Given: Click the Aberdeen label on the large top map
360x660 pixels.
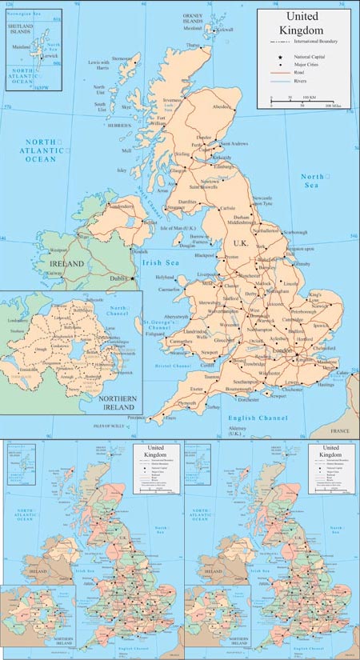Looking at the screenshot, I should (x=221, y=106).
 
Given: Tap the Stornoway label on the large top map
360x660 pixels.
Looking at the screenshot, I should (x=121, y=58).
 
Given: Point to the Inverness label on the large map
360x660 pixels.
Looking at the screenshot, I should (x=174, y=100).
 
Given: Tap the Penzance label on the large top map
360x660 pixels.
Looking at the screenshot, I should (x=138, y=417).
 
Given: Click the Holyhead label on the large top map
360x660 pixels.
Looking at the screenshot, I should (x=163, y=277).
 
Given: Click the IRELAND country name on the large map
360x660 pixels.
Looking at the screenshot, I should (x=67, y=263).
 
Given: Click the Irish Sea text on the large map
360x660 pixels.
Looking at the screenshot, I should (x=158, y=262).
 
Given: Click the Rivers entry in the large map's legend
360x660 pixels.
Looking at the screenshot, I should (x=302, y=80).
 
